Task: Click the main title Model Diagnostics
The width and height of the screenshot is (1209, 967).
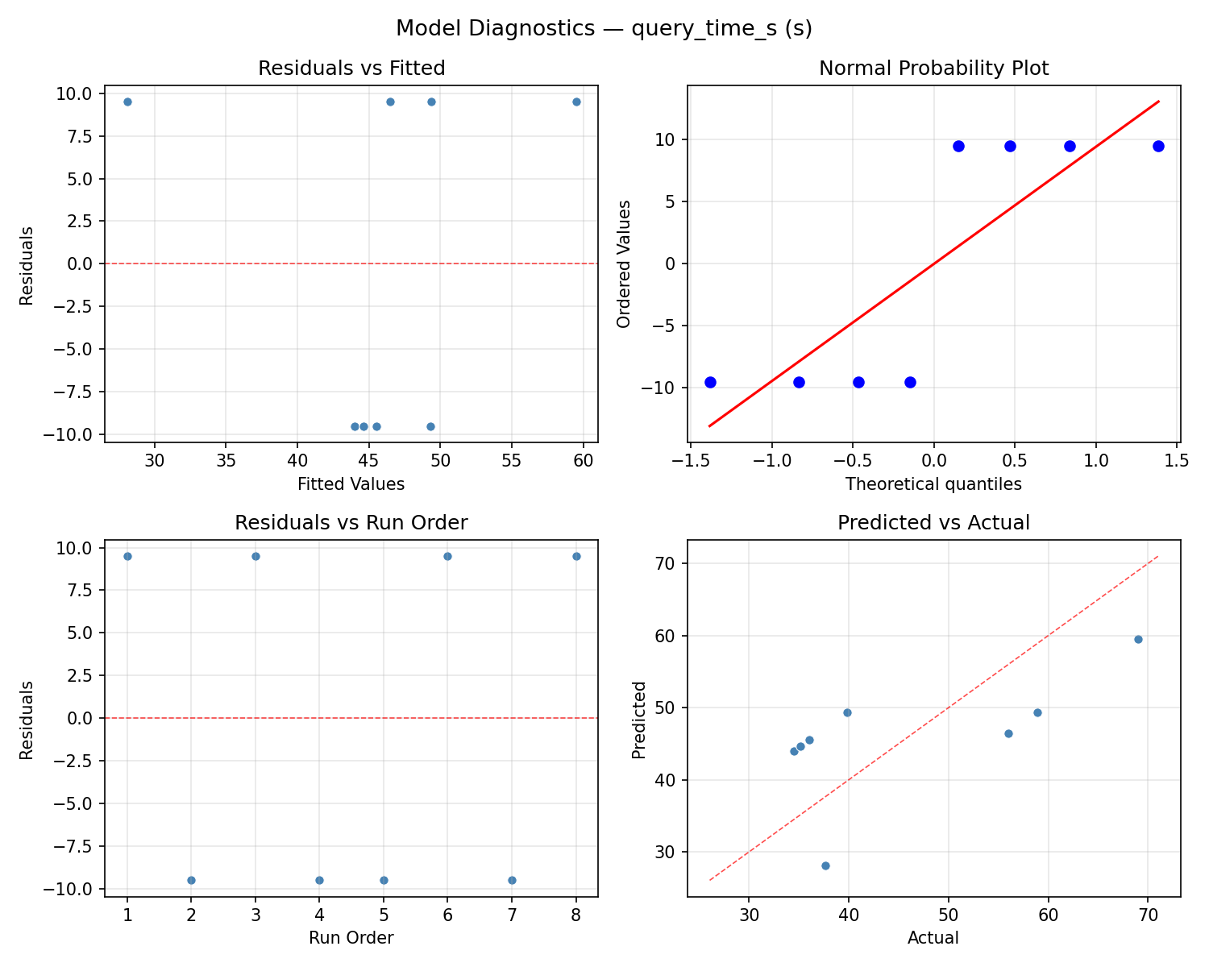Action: pyautogui.click(x=604, y=28)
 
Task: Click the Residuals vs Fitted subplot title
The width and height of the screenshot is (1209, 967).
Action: pyautogui.click(x=351, y=68)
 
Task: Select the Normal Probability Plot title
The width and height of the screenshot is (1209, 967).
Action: pyautogui.click(x=933, y=68)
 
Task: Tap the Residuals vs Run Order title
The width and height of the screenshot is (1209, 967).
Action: pyautogui.click(x=351, y=522)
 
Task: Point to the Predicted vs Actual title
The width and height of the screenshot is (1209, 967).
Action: pyautogui.click(x=933, y=522)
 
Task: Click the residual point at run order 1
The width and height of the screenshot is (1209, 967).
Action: pyautogui.click(x=127, y=556)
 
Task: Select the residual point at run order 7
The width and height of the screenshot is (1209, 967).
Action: pyautogui.click(x=512, y=880)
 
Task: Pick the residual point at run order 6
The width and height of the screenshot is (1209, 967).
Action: pyautogui.click(x=447, y=556)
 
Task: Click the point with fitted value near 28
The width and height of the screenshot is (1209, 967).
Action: pyautogui.click(x=127, y=102)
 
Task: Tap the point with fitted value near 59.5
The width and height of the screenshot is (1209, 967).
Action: pyautogui.click(x=576, y=102)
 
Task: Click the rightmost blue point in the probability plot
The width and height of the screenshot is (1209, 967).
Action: pyautogui.click(x=1158, y=146)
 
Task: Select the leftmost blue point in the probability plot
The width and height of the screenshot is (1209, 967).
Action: pyautogui.click(x=710, y=382)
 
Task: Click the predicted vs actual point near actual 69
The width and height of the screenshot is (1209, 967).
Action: pyautogui.click(x=1138, y=639)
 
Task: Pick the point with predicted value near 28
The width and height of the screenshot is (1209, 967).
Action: pyautogui.click(x=825, y=865)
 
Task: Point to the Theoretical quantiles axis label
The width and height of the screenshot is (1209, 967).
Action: pyautogui.click(x=933, y=484)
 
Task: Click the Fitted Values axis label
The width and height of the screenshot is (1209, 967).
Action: pyautogui.click(x=351, y=484)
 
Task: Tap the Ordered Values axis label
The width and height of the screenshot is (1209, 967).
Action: pyautogui.click(x=623, y=264)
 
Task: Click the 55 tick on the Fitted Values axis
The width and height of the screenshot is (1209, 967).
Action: pyautogui.click(x=511, y=460)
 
